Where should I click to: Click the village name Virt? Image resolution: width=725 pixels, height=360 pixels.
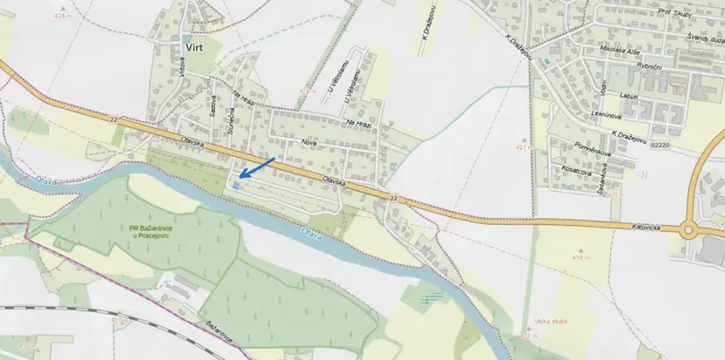coord(193,47)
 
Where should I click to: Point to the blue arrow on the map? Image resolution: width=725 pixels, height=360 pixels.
coord(257,167)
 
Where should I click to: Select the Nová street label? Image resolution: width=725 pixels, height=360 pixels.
coord(308,141)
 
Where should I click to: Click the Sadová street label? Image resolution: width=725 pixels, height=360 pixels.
coord(212,104)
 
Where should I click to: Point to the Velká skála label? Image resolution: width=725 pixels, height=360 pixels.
coord(552,322)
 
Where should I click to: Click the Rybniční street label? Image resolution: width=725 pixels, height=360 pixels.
coord(650,66)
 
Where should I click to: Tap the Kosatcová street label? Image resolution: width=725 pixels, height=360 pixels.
coord(576,173)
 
